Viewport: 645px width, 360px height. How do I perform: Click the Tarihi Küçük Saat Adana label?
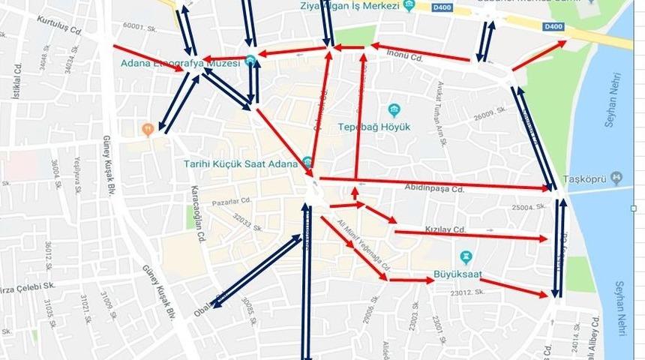(241, 163)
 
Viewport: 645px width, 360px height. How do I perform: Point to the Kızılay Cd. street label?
(448, 228)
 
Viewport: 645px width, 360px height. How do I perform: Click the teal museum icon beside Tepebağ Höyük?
(394, 110)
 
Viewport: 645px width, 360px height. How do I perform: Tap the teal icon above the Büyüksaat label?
(465, 257)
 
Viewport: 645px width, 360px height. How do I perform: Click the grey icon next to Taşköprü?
(616, 178)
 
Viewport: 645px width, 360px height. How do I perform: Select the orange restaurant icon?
(148, 129)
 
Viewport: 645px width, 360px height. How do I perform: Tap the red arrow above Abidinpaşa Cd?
(435, 182)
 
